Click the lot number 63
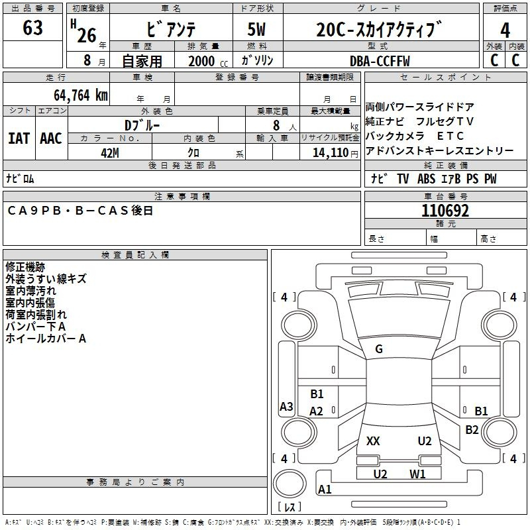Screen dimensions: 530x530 click(x=32, y=28)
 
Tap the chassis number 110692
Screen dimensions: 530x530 click(x=446, y=211)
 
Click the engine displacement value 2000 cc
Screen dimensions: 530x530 click(x=202, y=61)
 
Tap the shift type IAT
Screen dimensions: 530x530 click(x=19, y=138)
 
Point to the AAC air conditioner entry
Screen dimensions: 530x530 click(x=50, y=138)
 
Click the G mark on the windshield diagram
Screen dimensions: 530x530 click(x=379, y=349)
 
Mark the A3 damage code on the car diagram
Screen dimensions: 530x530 click(x=286, y=407)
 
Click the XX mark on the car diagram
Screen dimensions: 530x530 click(x=373, y=441)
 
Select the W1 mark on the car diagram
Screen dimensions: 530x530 click(x=417, y=474)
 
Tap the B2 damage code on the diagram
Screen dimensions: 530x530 click(x=472, y=429)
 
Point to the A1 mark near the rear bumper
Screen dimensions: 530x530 click(x=325, y=490)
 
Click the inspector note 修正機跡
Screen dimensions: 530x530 click(x=25, y=267)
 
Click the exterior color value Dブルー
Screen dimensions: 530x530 click(x=142, y=125)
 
